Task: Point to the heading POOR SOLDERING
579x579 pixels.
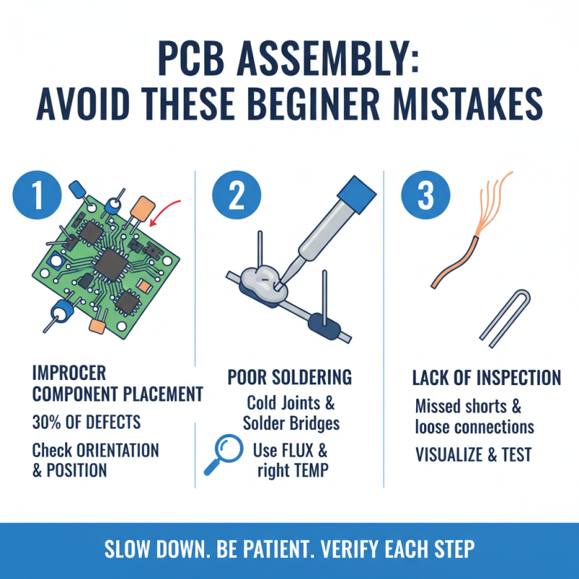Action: tap(289, 377)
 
